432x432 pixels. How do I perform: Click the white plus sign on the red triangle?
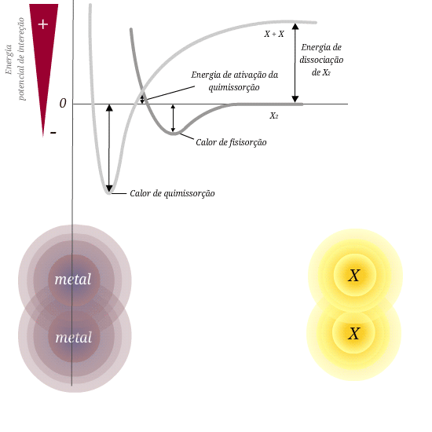tap(43, 24)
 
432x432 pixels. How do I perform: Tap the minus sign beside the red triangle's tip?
tap(53, 133)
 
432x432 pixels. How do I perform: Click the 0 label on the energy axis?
tap(63, 104)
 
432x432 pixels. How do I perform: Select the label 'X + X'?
tap(274, 34)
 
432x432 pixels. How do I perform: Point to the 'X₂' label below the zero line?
tap(274, 115)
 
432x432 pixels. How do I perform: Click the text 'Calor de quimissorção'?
tap(172, 193)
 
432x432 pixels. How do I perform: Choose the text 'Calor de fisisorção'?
tap(231, 142)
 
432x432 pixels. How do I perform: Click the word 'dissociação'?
tap(321, 60)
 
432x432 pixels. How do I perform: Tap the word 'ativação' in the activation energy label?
tap(247, 75)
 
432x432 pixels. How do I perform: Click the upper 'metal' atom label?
tap(73, 280)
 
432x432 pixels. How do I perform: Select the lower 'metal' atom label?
tap(74, 338)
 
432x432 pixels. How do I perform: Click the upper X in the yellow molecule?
tap(354, 275)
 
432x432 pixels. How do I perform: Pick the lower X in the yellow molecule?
tap(354, 334)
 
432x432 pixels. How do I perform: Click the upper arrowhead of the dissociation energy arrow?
tap(295, 27)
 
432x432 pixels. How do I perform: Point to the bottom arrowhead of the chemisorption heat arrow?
tap(109, 189)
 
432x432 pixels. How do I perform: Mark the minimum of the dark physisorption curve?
tap(173, 134)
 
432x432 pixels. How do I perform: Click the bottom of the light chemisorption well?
tap(109, 192)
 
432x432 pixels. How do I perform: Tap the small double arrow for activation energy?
tap(142, 99)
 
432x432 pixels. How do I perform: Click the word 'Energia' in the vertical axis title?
tap(9, 60)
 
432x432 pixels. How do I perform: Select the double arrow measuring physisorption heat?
tap(173, 119)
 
